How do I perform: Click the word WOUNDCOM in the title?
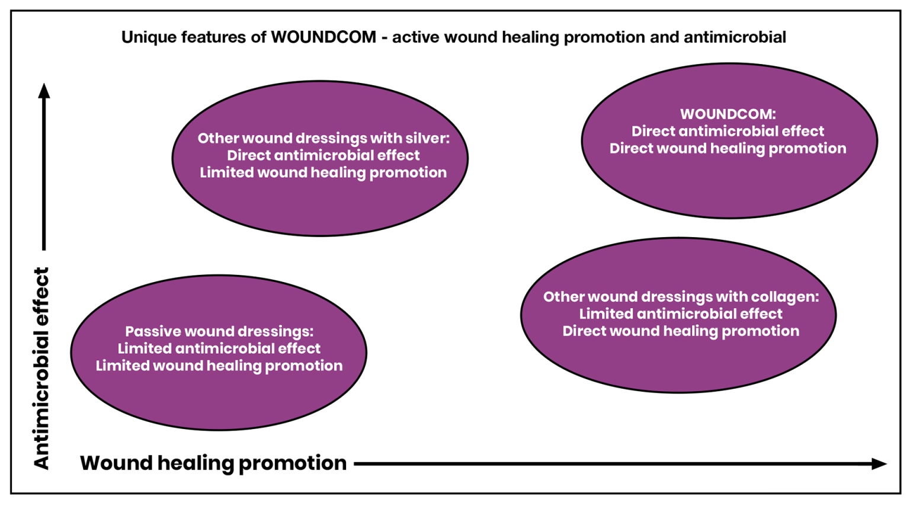coord(323,37)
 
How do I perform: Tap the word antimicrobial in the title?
coord(735,37)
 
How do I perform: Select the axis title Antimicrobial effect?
coord(41,369)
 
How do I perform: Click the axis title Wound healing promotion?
coord(213,463)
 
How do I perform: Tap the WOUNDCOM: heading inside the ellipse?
coord(728,114)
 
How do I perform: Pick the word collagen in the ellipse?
coord(785,296)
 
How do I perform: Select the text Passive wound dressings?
coord(219,331)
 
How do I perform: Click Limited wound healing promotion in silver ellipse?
coord(323,172)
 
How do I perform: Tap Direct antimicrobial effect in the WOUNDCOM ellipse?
coord(728,131)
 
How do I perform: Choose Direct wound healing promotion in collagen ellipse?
coord(681,331)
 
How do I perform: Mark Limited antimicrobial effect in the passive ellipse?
coord(219,348)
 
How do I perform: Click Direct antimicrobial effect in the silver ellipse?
coord(323,155)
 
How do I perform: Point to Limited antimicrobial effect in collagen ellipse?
coord(681,313)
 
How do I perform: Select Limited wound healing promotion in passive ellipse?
coord(219,366)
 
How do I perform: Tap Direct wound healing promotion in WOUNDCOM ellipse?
coord(728,148)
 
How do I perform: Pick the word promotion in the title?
coord(604,37)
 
